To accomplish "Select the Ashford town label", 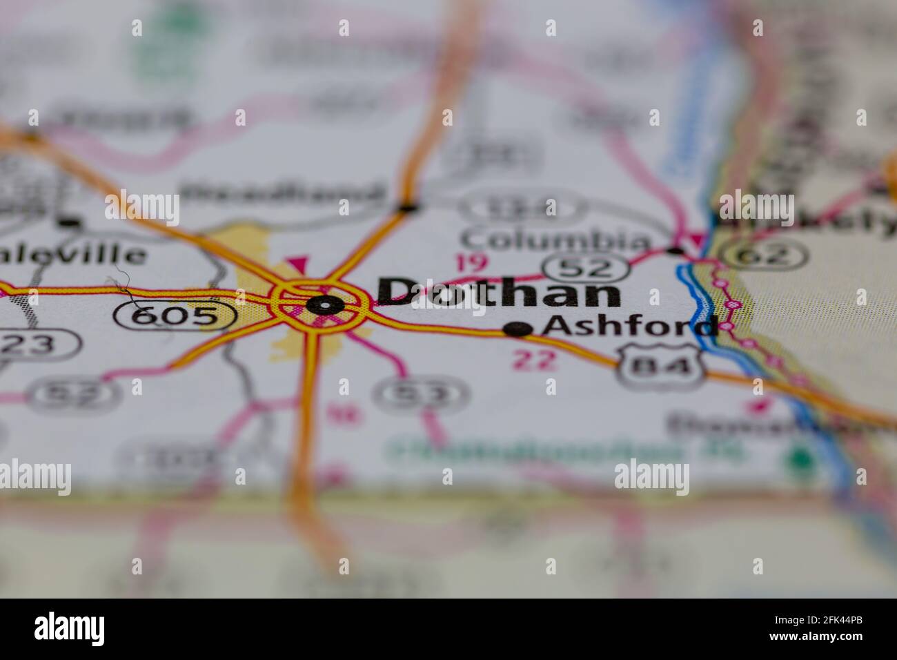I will click(x=629, y=327).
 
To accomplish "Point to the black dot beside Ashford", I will click(x=518, y=330).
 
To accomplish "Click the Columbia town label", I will click(x=556, y=241).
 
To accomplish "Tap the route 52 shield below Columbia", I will click(x=586, y=267).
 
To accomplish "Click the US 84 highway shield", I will click(x=658, y=365).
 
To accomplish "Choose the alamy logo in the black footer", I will click(x=70, y=628).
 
